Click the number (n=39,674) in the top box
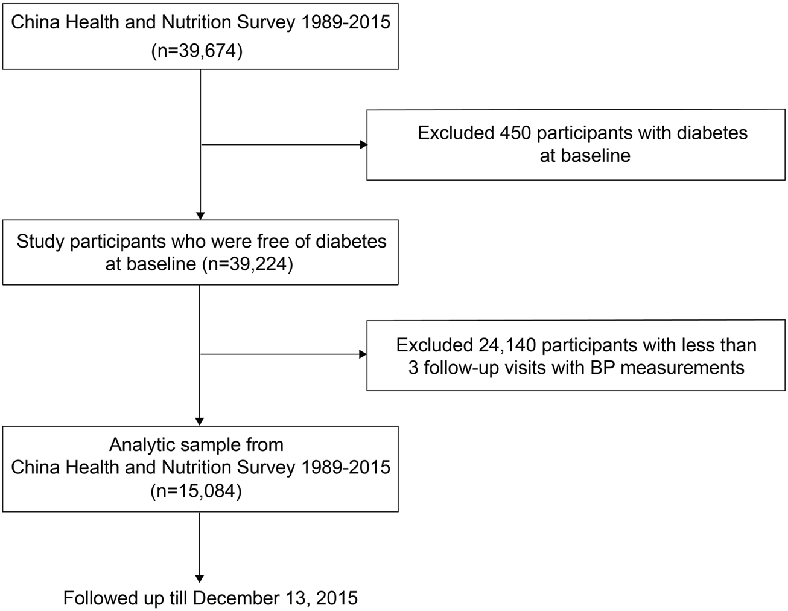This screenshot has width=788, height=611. pos(197,51)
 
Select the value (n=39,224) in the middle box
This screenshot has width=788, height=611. pos(247,264)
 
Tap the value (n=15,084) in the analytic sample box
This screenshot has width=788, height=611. pos(196,491)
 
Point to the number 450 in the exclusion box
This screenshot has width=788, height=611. pos(515,133)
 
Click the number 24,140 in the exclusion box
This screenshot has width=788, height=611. pos(507,345)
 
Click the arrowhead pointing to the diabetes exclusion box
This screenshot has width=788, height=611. pos(363,145)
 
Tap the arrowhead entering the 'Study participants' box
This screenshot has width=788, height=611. pos(200,216)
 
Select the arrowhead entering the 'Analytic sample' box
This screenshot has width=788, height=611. pos(200,422)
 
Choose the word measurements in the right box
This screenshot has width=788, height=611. pos(682,368)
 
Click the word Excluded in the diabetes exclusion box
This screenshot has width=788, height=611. pos(456,133)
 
